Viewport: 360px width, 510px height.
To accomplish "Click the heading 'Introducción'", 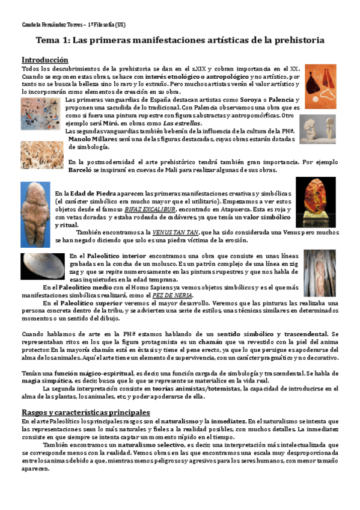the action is click(45, 60).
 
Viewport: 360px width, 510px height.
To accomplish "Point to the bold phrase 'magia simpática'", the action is click(45, 380).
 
